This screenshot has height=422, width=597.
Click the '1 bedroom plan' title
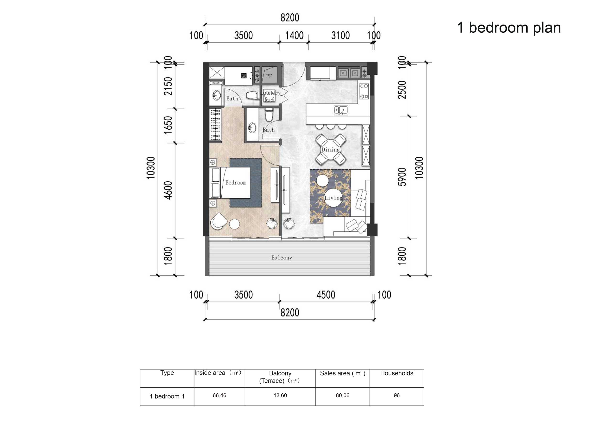[509, 28]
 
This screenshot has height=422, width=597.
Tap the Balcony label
[282, 258]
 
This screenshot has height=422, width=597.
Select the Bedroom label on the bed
[235, 183]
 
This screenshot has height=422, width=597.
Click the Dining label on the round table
[331, 150]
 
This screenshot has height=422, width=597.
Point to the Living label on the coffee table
[334, 198]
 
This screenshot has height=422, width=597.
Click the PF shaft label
[269, 76]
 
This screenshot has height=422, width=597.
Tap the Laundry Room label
[270, 96]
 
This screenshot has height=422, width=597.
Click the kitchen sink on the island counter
[341, 110]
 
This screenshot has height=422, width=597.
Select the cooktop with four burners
[364, 91]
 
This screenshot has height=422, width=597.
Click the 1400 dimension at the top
[294, 36]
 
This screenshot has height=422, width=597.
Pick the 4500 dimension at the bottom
[326, 295]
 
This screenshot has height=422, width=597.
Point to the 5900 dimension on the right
[402, 177]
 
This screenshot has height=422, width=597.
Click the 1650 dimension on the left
[168, 125]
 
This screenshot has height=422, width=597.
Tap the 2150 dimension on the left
[168, 86]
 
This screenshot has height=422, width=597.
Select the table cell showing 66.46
[219, 395]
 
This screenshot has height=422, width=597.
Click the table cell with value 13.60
[280, 395]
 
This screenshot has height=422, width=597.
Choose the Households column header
[396, 373]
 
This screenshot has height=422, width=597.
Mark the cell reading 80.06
[342, 395]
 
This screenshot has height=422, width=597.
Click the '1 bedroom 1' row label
[167, 396]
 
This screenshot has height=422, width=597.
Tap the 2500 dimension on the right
[402, 90]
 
